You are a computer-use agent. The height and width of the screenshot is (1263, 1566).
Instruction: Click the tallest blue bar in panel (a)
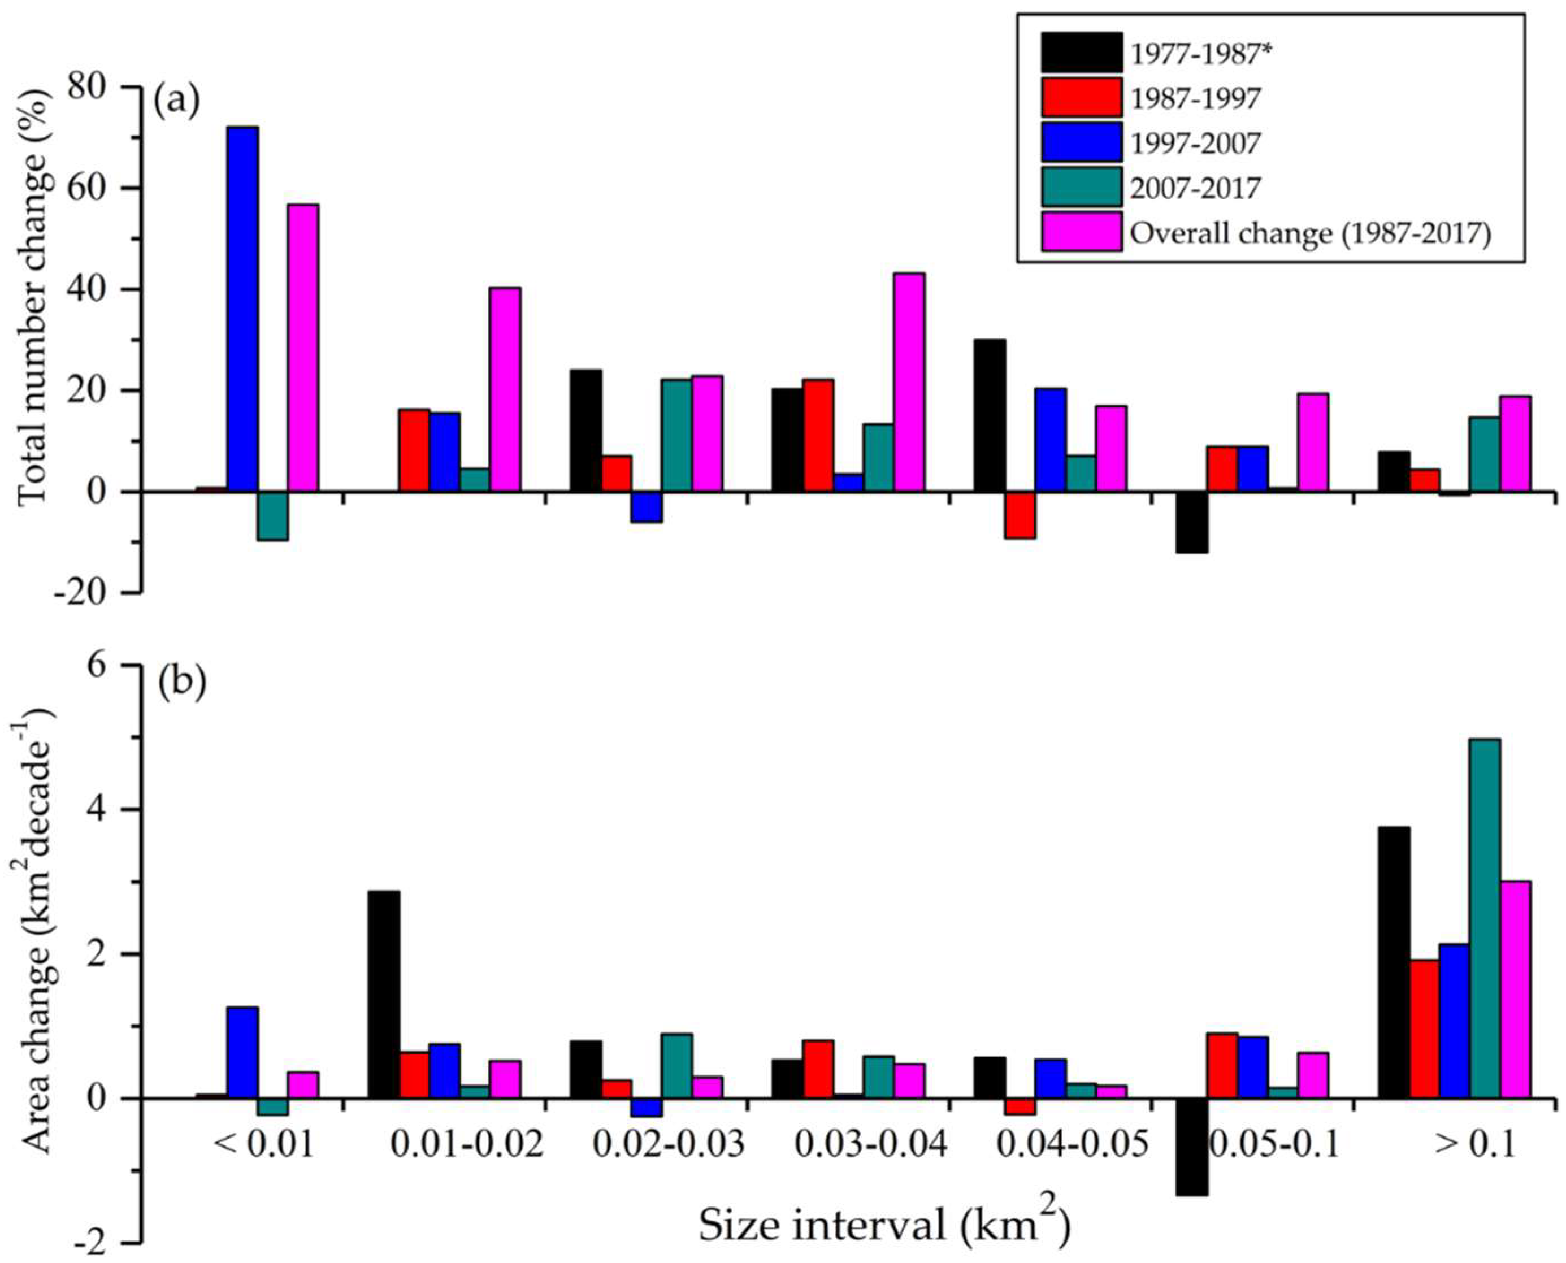[x=242, y=309]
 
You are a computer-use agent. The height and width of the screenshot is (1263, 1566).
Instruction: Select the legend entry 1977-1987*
[x=1194, y=54]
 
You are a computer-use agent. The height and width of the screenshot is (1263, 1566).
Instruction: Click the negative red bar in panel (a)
[x=1020, y=515]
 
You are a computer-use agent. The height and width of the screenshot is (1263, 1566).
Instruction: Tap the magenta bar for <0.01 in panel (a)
[x=303, y=348]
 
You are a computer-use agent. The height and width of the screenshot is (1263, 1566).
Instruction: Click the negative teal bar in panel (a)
[x=272, y=516]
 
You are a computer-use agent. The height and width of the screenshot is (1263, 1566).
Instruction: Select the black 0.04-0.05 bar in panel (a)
[x=990, y=415]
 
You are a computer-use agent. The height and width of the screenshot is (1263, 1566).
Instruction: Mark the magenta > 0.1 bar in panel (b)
[x=1515, y=989]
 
